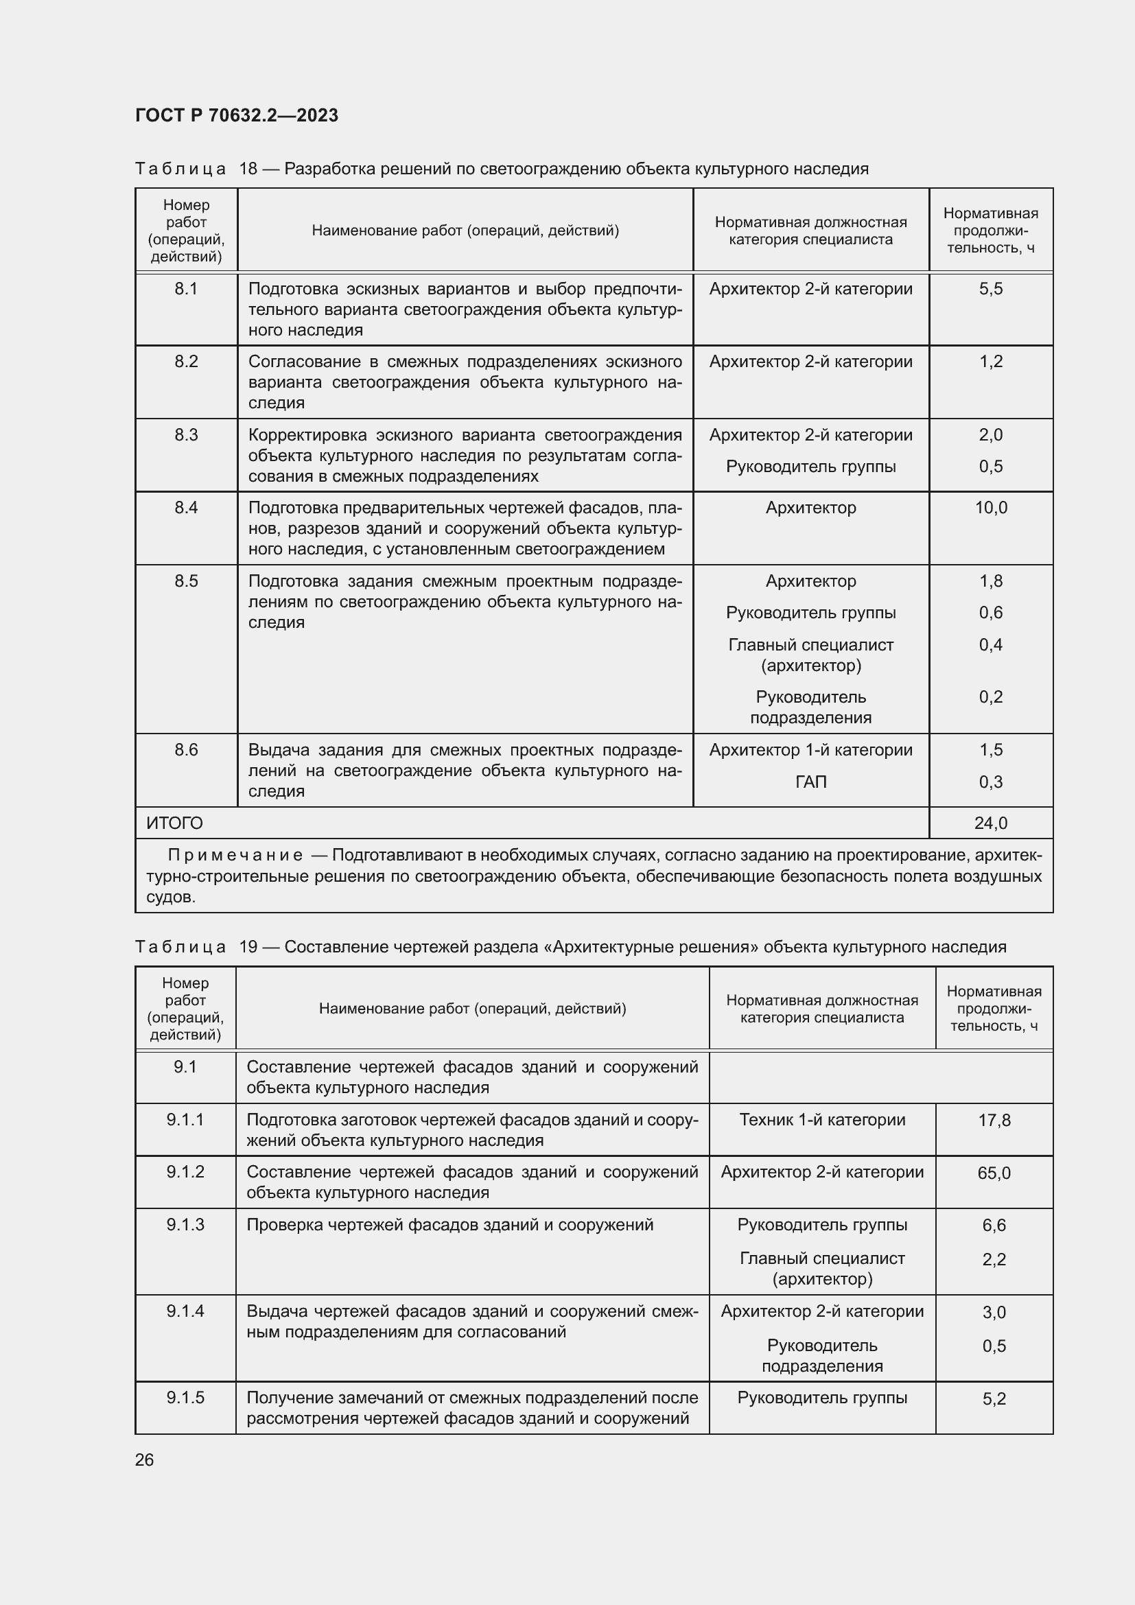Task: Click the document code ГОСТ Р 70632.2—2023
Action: [236, 115]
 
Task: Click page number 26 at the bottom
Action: [144, 1460]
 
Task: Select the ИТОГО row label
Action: [174, 823]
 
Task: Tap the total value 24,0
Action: [990, 823]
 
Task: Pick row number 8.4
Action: [186, 508]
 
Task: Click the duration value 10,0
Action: [990, 508]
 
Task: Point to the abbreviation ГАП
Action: [810, 782]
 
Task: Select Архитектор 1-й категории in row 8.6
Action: [810, 750]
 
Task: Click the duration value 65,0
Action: [993, 1173]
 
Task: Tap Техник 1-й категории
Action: [822, 1120]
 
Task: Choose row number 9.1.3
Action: [185, 1225]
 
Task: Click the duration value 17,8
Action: [993, 1121]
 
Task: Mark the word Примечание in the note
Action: [235, 855]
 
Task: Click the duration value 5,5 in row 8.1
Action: [990, 289]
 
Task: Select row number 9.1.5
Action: [185, 1397]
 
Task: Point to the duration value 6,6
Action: [993, 1226]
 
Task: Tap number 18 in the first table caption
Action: [248, 169]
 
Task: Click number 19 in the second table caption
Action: [248, 946]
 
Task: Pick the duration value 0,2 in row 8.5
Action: [990, 697]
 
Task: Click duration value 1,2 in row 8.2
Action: [990, 362]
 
